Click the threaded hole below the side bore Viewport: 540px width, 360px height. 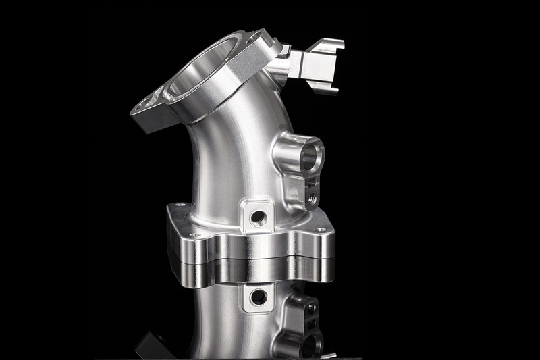(311, 199)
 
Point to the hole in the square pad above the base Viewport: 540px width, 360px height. (258, 217)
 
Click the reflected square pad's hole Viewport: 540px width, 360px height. (258, 297)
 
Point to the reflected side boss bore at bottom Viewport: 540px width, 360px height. (307, 344)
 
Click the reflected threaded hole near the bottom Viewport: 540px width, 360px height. (311, 307)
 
